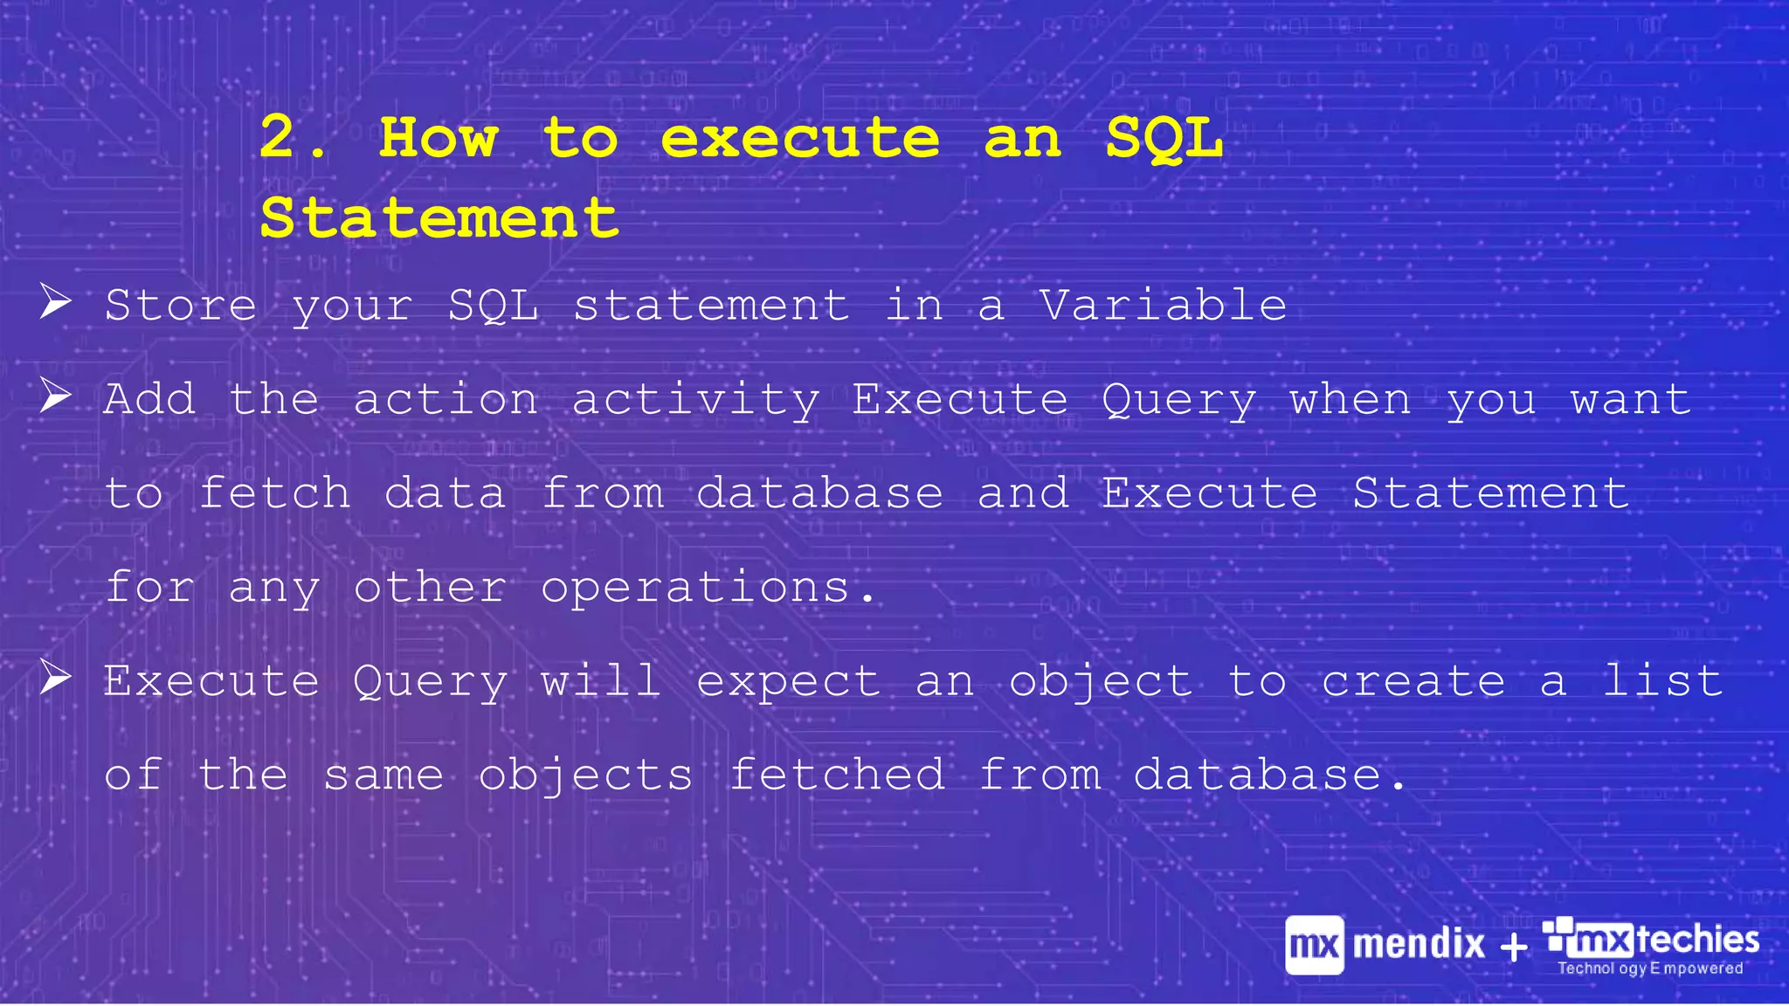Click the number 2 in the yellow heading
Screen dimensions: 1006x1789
[x=278, y=137]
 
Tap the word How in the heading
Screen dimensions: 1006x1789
[x=438, y=137]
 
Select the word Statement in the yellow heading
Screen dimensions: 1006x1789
[x=439, y=217]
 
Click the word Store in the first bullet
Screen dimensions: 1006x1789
[x=181, y=306]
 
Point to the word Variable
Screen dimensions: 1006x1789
[x=1163, y=306]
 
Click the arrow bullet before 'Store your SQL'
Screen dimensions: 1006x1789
[x=55, y=302]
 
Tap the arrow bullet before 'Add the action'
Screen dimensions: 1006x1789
[x=55, y=396]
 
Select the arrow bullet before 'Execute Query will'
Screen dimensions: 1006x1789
[x=55, y=678]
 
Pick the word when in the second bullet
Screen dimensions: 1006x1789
[x=1350, y=400]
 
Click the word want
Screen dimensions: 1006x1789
[x=1630, y=400]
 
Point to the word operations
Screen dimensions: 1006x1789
[x=695, y=588]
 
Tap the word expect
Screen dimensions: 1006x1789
[x=788, y=682]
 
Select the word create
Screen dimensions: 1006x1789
[x=1413, y=681]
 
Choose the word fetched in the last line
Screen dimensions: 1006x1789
[x=837, y=775]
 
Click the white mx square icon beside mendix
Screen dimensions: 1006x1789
[x=1314, y=945]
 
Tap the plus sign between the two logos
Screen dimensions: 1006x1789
[x=1514, y=947]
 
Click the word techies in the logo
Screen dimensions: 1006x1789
[x=1697, y=940]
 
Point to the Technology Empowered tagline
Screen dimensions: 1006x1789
[x=1650, y=968]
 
